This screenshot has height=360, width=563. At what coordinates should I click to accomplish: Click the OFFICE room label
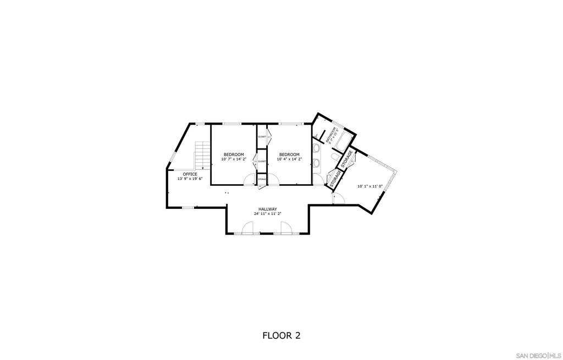190,174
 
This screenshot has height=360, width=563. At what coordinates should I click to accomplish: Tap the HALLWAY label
268,209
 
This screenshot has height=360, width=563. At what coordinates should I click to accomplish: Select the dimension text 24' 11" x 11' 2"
268,213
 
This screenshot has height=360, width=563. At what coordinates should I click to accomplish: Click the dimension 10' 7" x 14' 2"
234,159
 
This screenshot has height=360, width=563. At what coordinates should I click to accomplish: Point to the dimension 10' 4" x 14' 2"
289,159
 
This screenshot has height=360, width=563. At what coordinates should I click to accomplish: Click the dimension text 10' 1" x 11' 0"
369,186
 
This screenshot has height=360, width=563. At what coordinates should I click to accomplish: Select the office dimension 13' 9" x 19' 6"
190,179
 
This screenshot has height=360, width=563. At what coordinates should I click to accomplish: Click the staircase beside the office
203,155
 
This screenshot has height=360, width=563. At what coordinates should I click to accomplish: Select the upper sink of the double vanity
317,148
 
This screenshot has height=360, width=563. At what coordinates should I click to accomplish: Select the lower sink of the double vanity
317,163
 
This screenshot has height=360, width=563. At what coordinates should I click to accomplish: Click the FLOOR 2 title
281,335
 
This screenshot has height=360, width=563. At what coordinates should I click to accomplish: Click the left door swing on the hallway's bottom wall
247,228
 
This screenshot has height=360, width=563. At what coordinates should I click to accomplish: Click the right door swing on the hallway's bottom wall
286,228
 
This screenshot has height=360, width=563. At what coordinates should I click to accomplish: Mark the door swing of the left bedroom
250,180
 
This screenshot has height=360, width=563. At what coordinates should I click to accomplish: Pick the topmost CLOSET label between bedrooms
262,136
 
